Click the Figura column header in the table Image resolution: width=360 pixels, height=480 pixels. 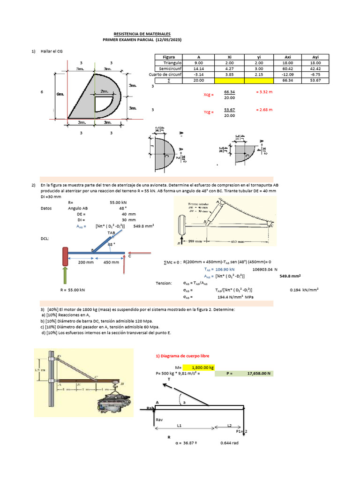point(168,57)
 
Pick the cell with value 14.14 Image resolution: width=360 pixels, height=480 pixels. point(198,68)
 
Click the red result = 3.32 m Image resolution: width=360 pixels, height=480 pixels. point(264,92)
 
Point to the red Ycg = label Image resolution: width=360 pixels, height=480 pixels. point(208,112)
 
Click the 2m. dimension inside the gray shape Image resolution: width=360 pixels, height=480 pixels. point(104,91)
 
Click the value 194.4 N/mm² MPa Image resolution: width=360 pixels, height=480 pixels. point(235,297)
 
